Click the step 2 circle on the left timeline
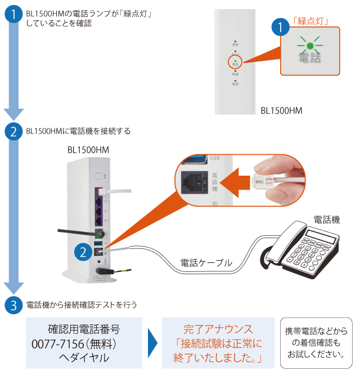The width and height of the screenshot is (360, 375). coord(13,132)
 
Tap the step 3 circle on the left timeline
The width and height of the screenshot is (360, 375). coord(13,305)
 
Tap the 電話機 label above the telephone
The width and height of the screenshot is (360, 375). coord(327,218)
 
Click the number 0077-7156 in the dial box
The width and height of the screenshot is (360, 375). coord(58,343)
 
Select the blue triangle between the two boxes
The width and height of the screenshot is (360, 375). coord(151,343)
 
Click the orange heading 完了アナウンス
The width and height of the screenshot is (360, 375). coord(218,329)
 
